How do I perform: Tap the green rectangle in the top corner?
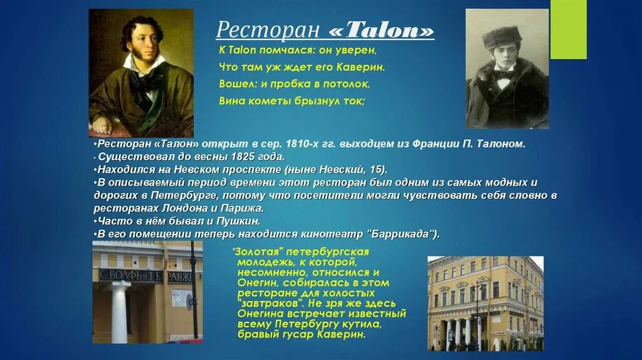pyautogui.click(x=568, y=29)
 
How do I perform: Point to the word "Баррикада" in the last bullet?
pyautogui.click(x=402, y=234)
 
